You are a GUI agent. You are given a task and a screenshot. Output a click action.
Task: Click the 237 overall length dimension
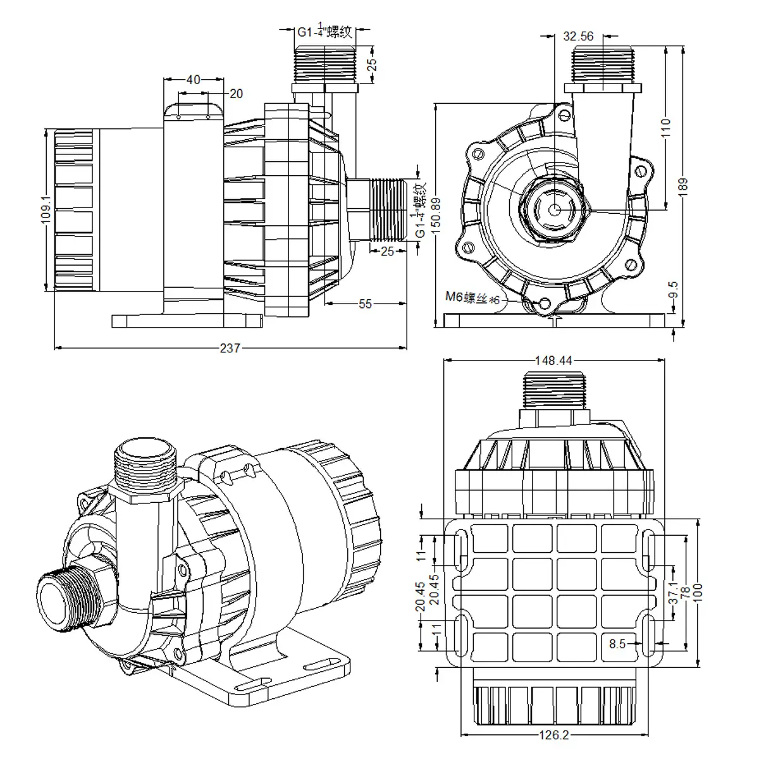tap(230, 348)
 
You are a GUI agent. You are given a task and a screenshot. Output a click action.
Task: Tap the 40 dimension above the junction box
tap(193, 80)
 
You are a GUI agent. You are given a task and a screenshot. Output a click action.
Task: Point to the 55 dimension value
tap(365, 304)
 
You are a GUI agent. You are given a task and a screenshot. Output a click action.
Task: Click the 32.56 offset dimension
tap(578, 36)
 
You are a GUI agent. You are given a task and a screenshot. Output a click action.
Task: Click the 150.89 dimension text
tap(435, 215)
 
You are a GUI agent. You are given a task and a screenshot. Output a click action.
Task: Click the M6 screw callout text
tap(474, 298)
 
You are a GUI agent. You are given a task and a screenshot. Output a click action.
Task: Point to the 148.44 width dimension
tap(553, 361)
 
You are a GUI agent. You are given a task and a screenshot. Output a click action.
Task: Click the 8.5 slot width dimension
tap(617, 644)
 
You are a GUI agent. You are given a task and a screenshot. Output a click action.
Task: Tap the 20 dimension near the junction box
tap(235, 94)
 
